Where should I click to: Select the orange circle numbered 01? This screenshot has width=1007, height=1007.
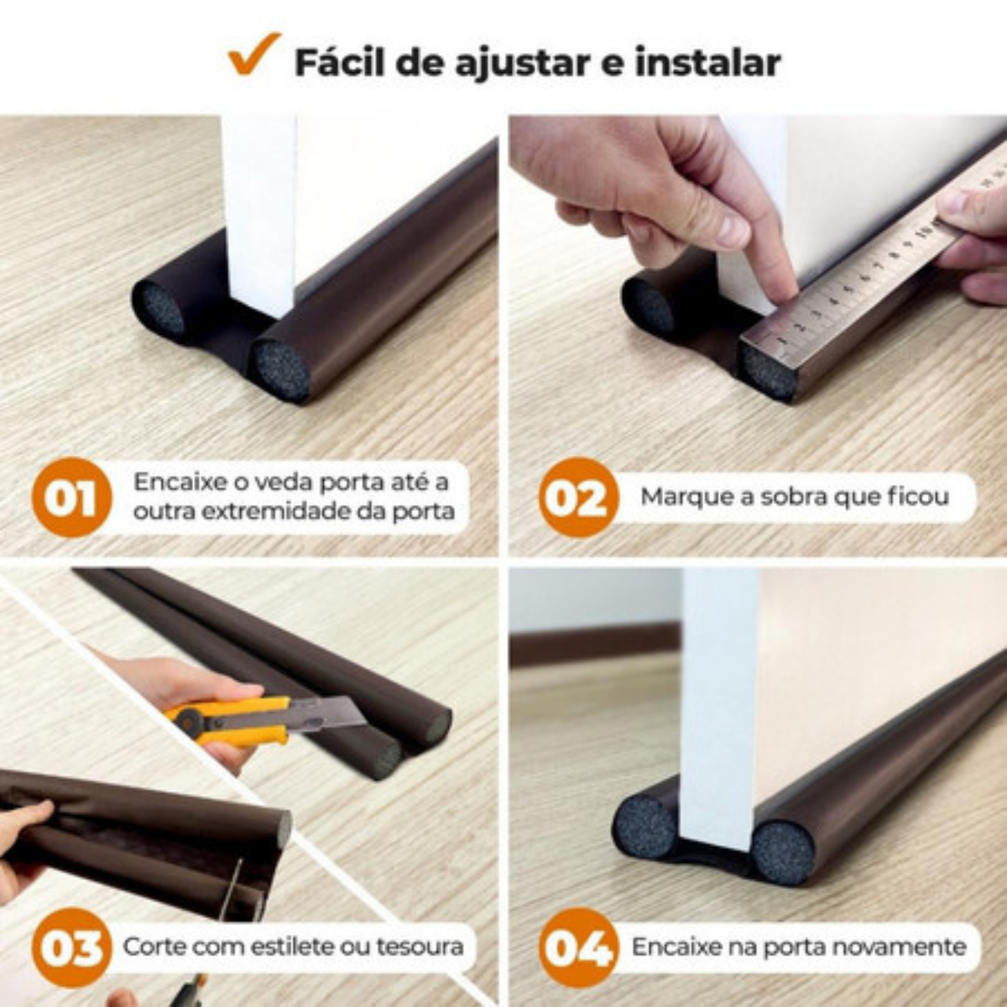(x=71, y=498)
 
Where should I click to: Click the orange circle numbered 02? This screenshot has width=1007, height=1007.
(x=578, y=498)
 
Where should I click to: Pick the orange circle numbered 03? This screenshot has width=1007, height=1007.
(x=71, y=947)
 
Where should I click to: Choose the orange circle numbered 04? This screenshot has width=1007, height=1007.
(x=578, y=947)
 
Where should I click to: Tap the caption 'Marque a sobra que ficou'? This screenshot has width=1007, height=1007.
(x=794, y=497)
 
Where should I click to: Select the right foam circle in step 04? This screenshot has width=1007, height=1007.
(x=783, y=852)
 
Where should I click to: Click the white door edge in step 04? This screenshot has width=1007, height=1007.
(x=717, y=705)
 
